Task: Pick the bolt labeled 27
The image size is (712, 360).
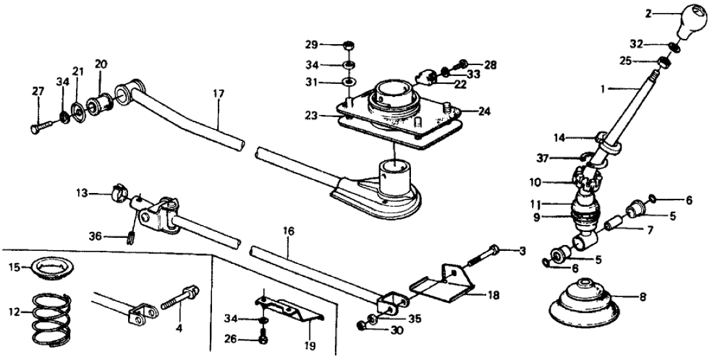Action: pos(40,125)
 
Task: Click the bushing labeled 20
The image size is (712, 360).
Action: pos(101,102)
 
